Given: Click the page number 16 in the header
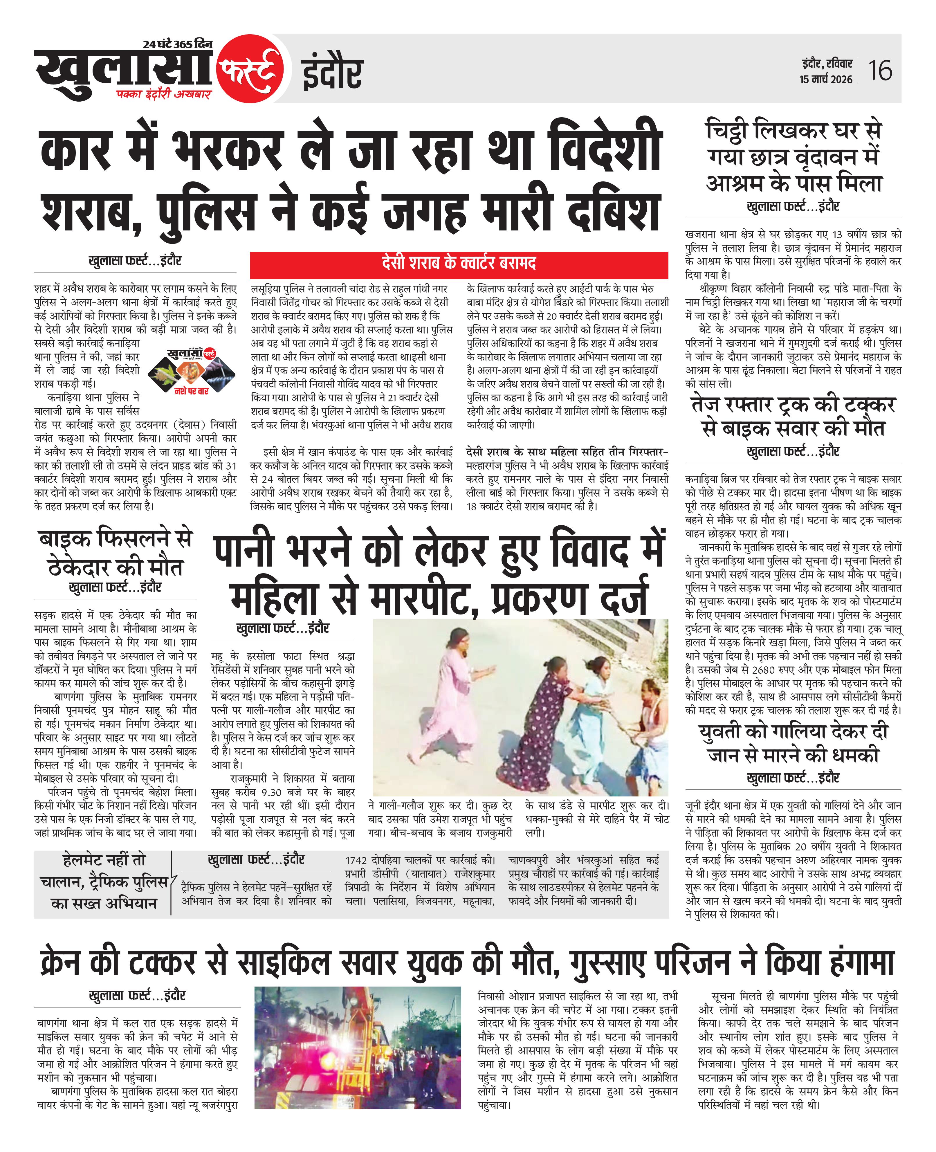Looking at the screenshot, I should [880, 71].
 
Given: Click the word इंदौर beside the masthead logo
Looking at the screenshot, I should [332, 74].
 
